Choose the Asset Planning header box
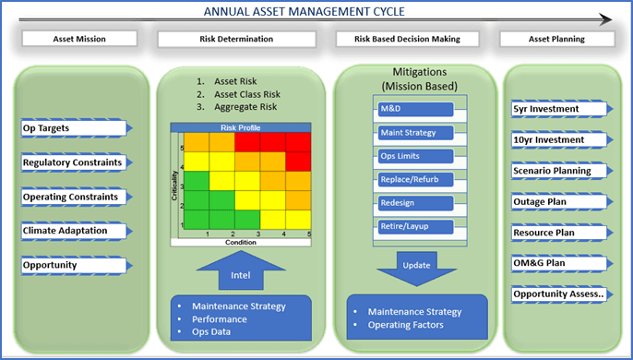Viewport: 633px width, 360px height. click(x=559, y=40)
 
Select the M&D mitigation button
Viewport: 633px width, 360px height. click(x=413, y=109)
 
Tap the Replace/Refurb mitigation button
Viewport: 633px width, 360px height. click(x=413, y=179)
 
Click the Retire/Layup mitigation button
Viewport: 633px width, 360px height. click(x=413, y=226)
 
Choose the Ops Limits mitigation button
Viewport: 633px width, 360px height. click(x=413, y=156)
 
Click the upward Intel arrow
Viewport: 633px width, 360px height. click(x=239, y=272)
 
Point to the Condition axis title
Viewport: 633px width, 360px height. click(x=243, y=243)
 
